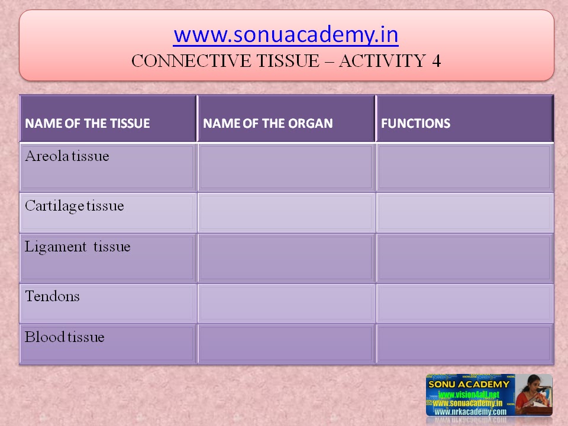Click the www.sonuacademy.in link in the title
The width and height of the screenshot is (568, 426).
pyautogui.click(x=286, y=35)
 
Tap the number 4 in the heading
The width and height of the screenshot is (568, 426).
pyautogui.click(x=436, y=61)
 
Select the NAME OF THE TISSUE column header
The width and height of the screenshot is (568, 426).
pyautogui.click(x=88, y=124)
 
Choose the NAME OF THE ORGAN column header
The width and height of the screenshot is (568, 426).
pyautogui.click(x=268, y=124)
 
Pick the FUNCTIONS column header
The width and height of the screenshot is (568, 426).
pyautogui.click(x=416, y=124)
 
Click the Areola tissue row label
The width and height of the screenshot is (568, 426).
pyautogui.click(x=67, y=157)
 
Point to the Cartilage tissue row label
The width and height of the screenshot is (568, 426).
pyautogui.click(x=75, y=206)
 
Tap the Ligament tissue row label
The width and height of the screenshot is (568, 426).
pyautogui.click(x=78, y=247)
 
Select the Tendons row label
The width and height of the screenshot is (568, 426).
pyautogui.click(x=52, y=296)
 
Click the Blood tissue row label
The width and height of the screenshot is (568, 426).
pyautogui.click(x=64, y=337)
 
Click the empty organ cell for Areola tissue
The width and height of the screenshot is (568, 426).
pyautogui.click(x=286, y=167)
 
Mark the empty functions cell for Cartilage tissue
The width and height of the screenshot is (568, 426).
pyautogui.click(x=465, y=212)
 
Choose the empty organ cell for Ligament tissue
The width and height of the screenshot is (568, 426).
pyautogui.click(x=286, y=258)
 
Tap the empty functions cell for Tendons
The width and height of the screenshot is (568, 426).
pyautogui.click(x=465, y=303)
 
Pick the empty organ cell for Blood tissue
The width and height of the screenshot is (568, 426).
pyautogui.click(x=286, y=344)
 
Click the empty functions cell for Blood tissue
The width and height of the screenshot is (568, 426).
pyautogui.click(x=465, y=344)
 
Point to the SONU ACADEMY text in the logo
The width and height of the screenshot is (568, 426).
pyautogui.click(x=470, y=385)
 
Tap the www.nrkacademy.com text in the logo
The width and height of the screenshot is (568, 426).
pyautogui.click(x=470, y=412)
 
